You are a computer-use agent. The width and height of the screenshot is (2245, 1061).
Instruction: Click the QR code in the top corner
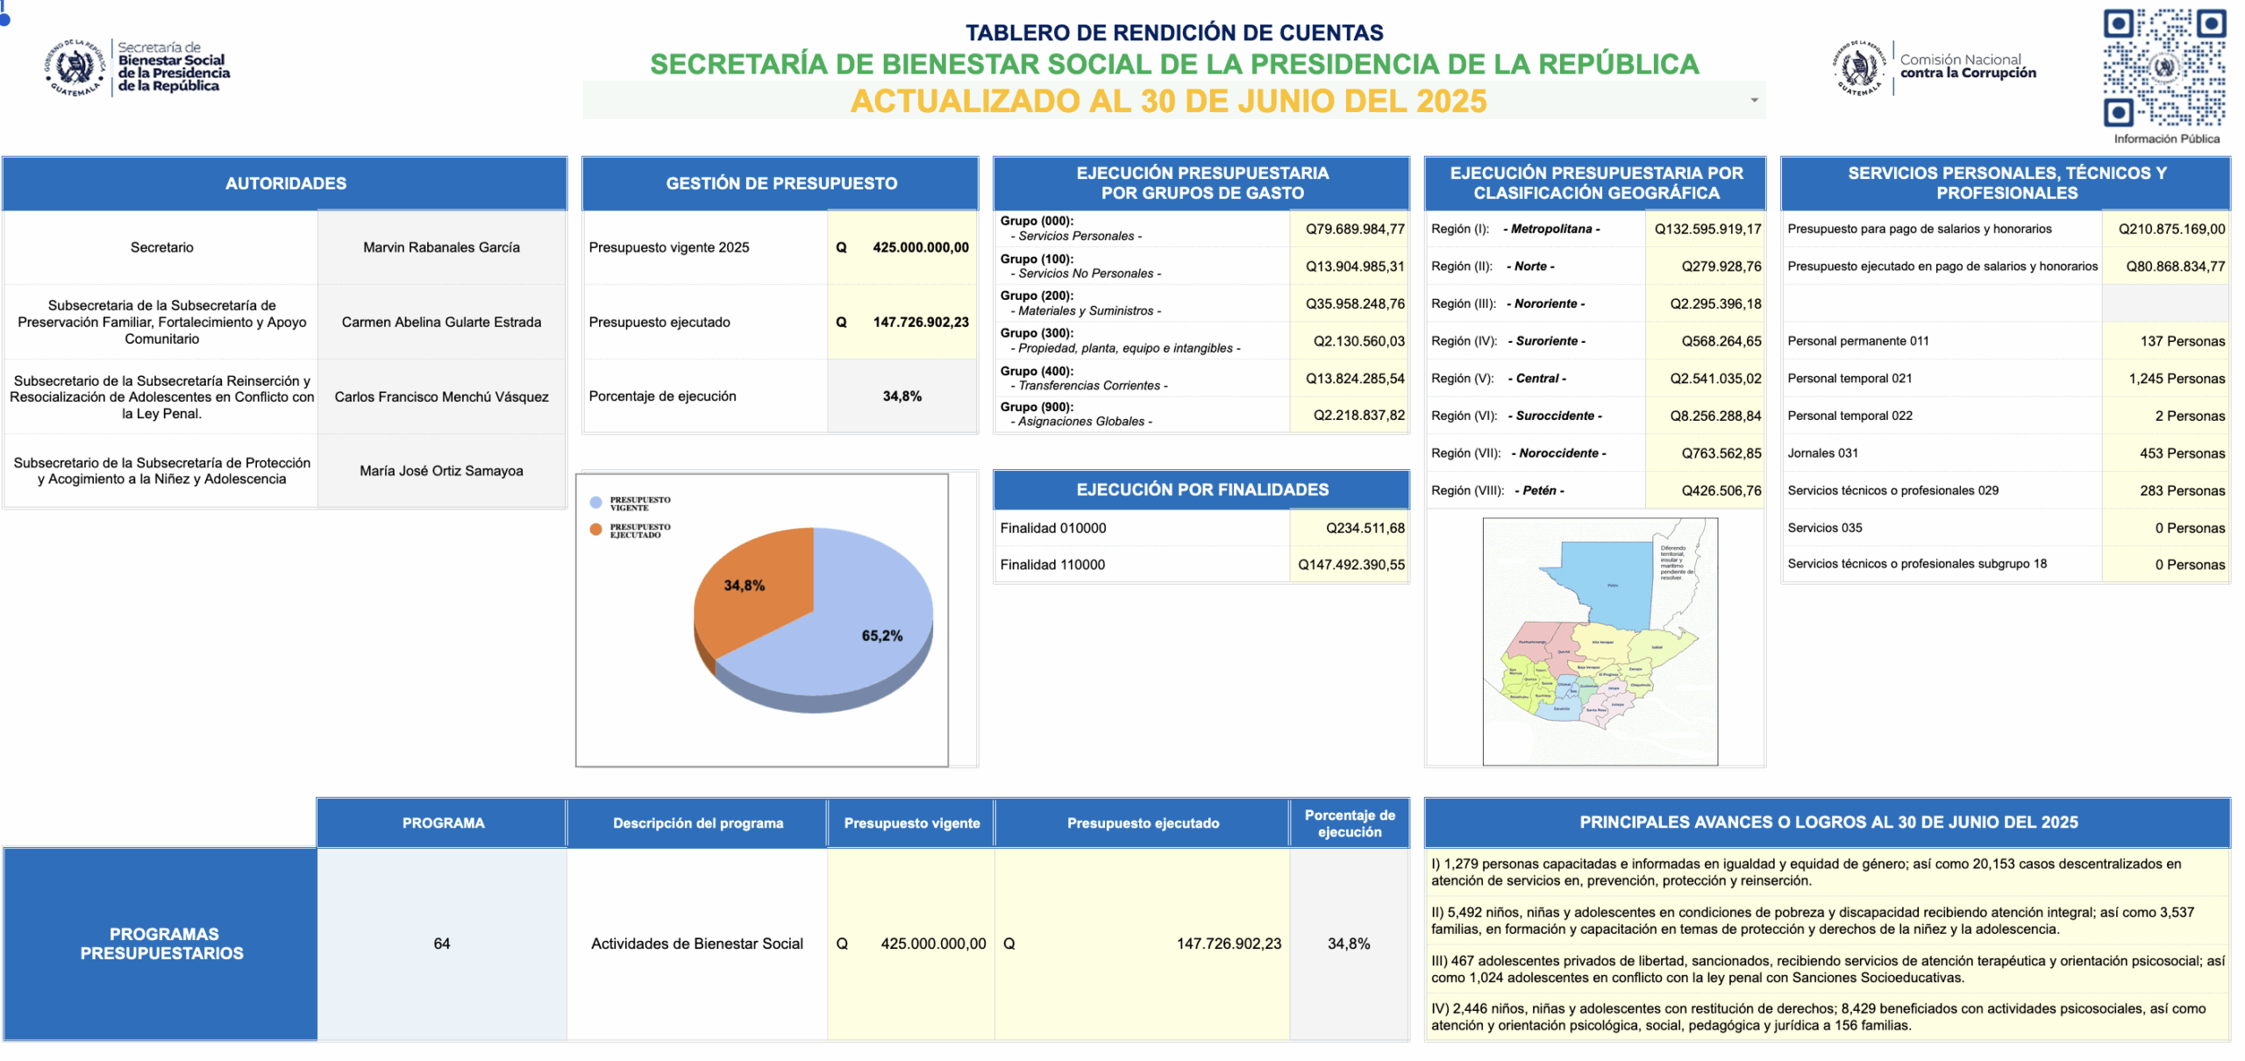click(2163, 68)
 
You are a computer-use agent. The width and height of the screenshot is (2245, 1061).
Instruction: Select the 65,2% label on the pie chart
click(881, 636)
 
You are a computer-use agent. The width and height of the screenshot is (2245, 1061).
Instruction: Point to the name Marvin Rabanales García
click(441, 247)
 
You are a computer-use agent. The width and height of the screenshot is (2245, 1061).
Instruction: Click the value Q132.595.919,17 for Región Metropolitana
click(1707, 229)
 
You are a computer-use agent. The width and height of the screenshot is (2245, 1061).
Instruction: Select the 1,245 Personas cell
click(2176, 379)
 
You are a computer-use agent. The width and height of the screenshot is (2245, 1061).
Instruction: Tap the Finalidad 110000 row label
click(1052, 565)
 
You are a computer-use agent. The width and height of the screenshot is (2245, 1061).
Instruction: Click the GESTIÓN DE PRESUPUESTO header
click(780, 183)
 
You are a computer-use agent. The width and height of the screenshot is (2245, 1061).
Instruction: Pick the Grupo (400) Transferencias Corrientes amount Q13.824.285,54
click(1354, 379)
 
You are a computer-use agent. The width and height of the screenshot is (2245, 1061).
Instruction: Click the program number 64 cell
click(441, 944)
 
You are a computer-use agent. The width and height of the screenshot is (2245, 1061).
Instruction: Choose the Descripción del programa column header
click(697, 822)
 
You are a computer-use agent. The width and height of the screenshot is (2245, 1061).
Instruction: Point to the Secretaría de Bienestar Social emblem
click(75, 68)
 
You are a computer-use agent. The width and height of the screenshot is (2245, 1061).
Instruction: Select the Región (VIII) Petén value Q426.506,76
click(1721, 491)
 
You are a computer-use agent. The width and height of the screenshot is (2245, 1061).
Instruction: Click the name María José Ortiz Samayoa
click(441, 471)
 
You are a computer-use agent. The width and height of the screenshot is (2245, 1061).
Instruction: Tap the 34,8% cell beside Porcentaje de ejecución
click(902, 396)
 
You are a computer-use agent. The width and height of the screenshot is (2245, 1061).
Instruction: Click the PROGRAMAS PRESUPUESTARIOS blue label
click(161, 944)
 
